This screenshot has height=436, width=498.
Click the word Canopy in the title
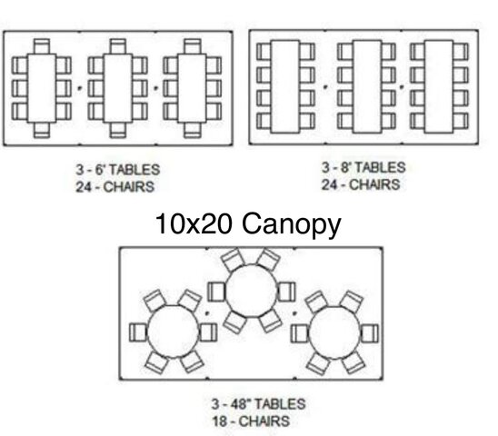(291, 225)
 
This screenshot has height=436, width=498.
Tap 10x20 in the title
(194, 223)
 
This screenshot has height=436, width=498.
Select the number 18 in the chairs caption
(219, 421)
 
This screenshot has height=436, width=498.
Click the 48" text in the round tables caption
(234, 404)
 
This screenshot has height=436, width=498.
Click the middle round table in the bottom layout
(251, 291)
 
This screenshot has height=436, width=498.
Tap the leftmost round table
(173, 332)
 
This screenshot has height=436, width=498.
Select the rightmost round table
(334, 332)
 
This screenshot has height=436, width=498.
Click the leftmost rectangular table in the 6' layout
(42, 88)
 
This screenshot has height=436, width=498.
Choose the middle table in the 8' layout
(367, 86)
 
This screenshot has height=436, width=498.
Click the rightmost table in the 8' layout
(439, 86)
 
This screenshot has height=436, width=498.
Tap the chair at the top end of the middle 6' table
(118, 46)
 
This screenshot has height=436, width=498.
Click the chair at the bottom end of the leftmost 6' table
(42, 130)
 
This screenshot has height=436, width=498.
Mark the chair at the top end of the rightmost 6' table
(193, 46)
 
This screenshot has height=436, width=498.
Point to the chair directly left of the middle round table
(216, 292)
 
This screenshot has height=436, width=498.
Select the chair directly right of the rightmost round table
(369, 333)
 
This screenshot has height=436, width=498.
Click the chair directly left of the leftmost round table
(138, 332)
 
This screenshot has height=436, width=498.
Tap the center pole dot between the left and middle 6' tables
(80, 88)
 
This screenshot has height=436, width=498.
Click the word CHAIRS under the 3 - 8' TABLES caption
(374, 184)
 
